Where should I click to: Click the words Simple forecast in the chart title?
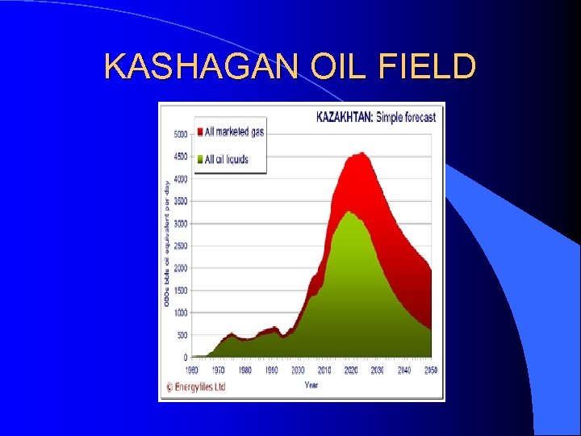[408, 116]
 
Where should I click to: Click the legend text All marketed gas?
[234, 132]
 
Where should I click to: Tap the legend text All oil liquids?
[227, 159]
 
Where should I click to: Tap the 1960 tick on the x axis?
[193, 370]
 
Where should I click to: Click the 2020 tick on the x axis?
[351, 370]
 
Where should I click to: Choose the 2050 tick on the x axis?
[430, 370]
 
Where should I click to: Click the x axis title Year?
[311, 384]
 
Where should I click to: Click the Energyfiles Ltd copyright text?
[195, 387]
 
